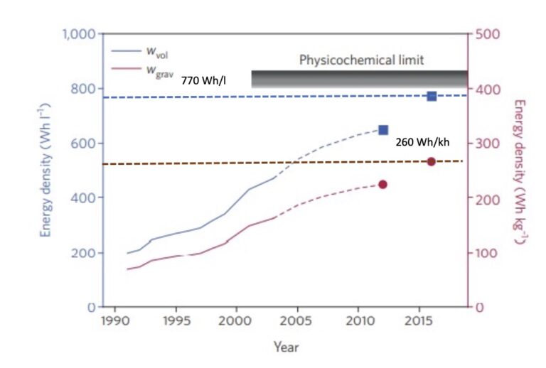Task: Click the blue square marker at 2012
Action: (383, 130)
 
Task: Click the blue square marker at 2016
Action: (432, 96)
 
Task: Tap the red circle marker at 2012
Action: (382, 185)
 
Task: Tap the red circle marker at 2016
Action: (432, 162)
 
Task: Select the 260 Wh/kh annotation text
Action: (423, 142)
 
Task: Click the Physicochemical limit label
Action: (361, 60)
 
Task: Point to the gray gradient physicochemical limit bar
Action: (359, 79)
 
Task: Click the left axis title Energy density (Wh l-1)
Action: (45, 171)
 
